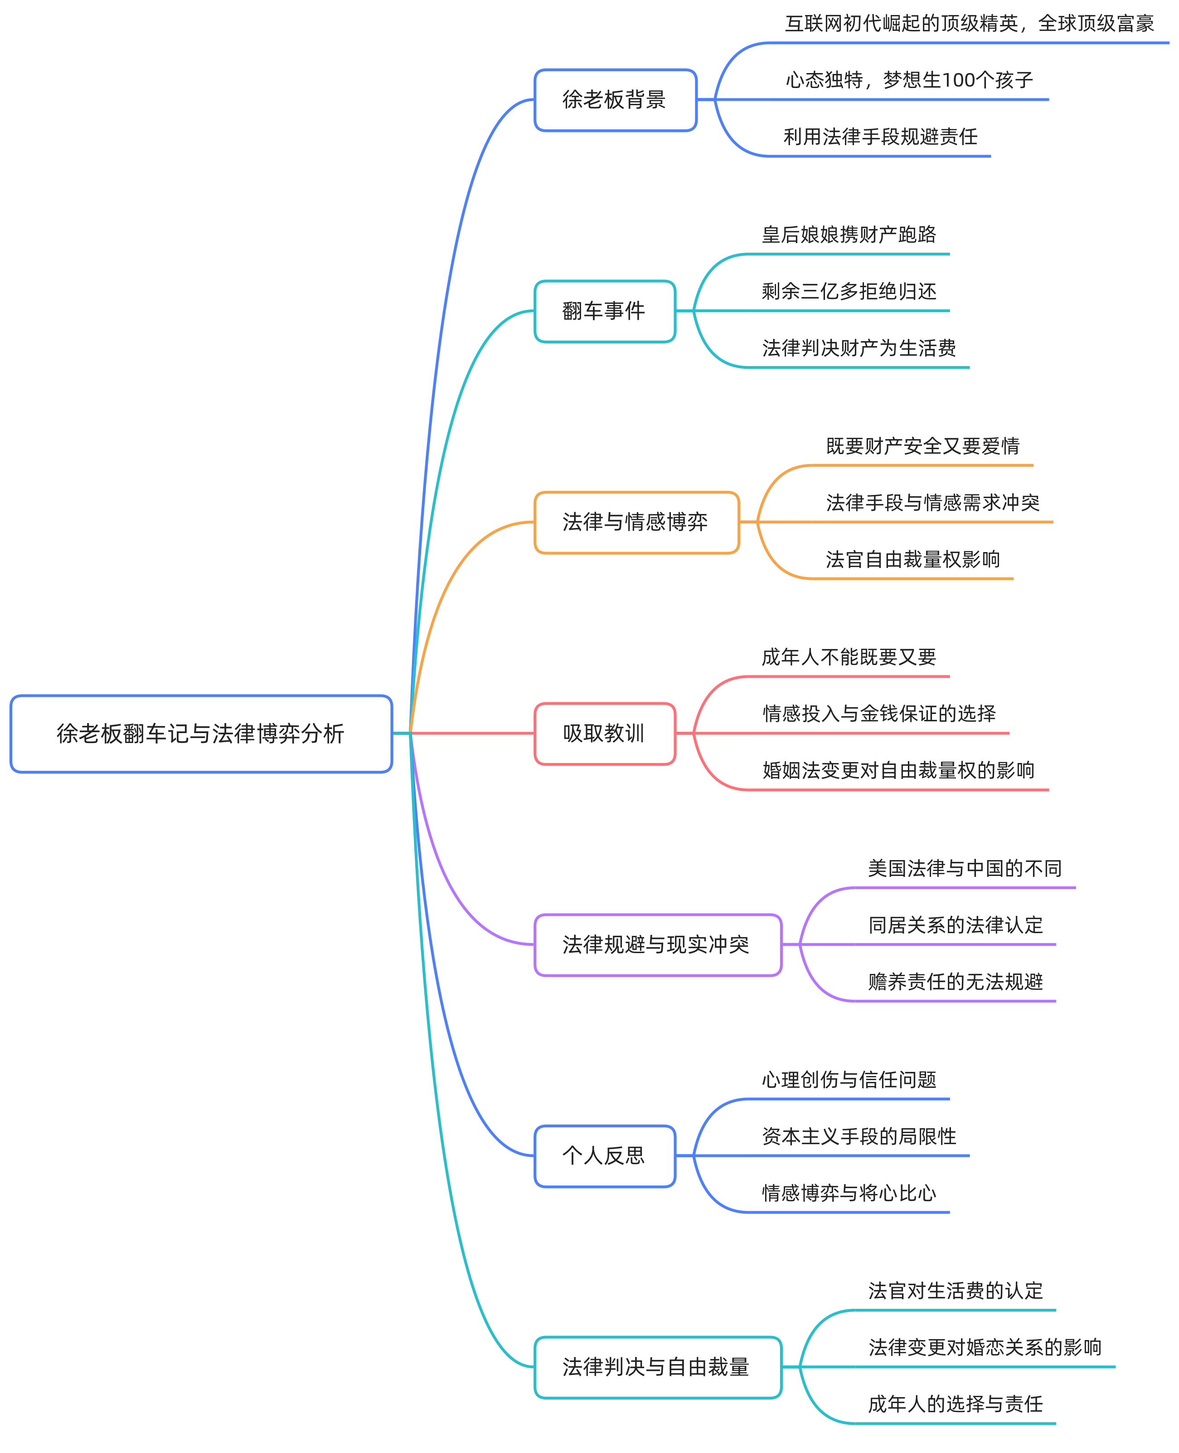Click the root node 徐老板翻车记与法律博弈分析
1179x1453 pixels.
pyautogui.click(x=201, y=733)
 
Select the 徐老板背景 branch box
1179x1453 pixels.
pyautogui.click(x=615, y=100)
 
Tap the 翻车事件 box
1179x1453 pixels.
pyautogui.click(x=604, y=311)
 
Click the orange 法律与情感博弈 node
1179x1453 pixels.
pyautogui.click(x=636, y=522)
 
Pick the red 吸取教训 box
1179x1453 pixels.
pyautogui.click(x=604, y=733)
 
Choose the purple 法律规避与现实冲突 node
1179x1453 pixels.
pyautogui.click(x=657, y=944)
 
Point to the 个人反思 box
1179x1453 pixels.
pyautogui.click(x=604, y=1155)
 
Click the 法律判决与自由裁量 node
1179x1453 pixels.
pyautogui.click(x=657, y=1367)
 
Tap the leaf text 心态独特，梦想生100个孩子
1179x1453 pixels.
pyautogui.click(x=909, y=80)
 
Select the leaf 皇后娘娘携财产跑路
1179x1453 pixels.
pyautogui.click(x=849, y=235)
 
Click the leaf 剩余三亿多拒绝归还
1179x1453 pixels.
pyautogui.click(x=849, y=292)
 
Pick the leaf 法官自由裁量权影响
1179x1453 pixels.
pyautogui.click(x=913, y=559)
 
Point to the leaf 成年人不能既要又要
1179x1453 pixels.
pyautogui.click(x=849, y=657)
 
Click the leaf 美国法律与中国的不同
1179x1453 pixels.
pyautogui.click(x=965, y=869)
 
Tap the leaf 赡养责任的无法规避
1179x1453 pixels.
pyautogui.click(x=955, y=981)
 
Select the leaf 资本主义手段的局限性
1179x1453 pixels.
pyautogui.click(x=859, y=1136)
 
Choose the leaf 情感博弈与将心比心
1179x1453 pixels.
pyautogui.click(x=849, y=1193)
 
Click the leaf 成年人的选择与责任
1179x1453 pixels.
pyautogui.click(x=955, y=1404)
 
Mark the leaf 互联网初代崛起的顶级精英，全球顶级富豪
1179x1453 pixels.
pyautogui.click(x=969, y=24)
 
